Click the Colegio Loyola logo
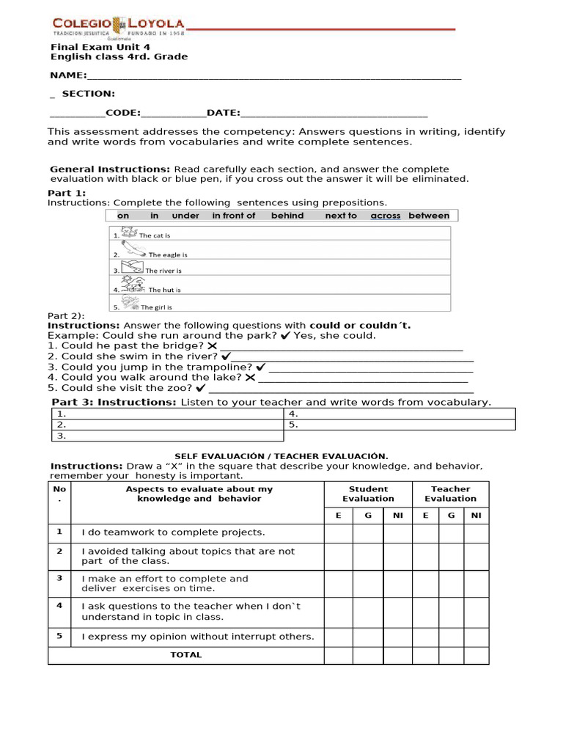tap(117, 28)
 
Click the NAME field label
tap(67, 75)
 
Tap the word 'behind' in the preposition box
tap(287, 216)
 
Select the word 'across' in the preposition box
tap(386, 216)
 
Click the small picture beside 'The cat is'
tap(128, 232)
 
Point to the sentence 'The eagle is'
tap(168, 254)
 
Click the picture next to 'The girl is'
tap(130, 302)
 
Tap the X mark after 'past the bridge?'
tap(212, 345)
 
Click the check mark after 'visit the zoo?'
tap(201, 388)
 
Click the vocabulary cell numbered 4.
tap(399, 414)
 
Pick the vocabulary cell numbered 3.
tap(167, 436)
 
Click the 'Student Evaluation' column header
tap(368, 494)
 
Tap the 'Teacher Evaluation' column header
tap(450, 494)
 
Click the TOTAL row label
tap(185, 655)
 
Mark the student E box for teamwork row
tap(338, 532)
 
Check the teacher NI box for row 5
tap(476, 637)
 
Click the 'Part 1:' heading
tap(67, 193)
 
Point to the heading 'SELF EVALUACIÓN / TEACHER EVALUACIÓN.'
tap(281, 456)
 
